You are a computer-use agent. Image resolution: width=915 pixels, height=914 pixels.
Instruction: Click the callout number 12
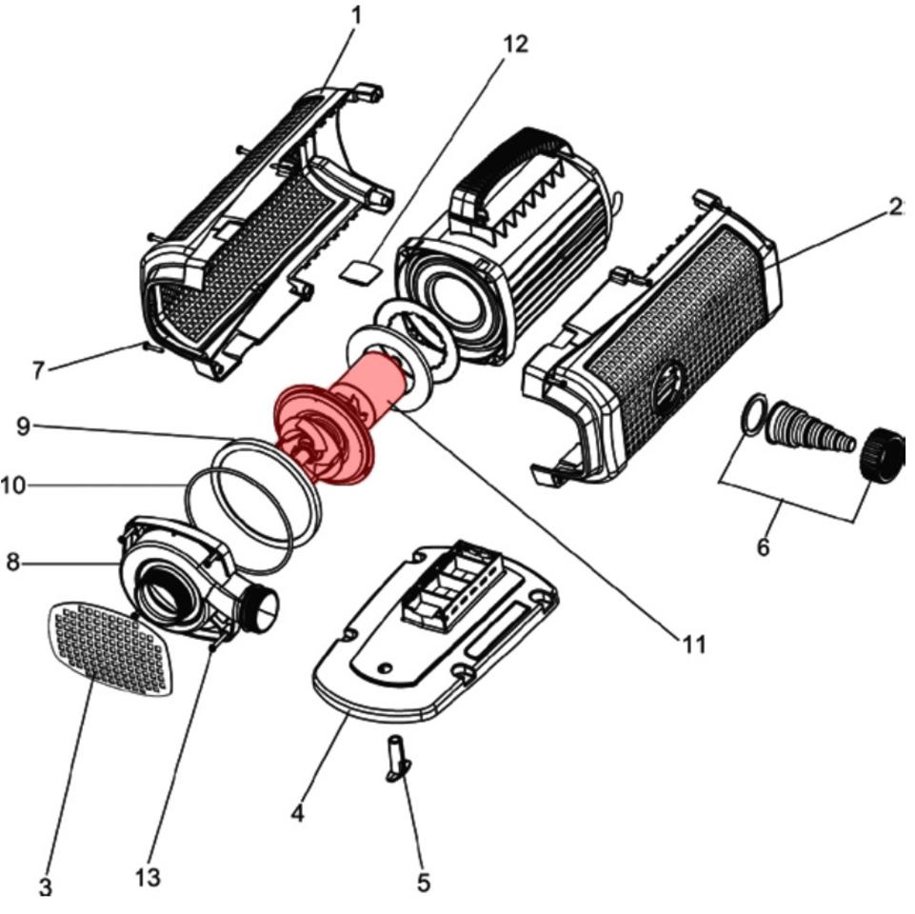(x=515, y=44)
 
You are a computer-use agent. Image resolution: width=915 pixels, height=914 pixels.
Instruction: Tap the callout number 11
(x=694, y=645)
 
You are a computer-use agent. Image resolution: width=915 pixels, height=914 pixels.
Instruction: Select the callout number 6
(x=762, y=547)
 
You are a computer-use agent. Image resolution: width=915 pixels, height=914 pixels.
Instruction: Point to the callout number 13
(x=148, y=877)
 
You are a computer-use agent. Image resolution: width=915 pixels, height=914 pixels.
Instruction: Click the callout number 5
(x=424, y=883)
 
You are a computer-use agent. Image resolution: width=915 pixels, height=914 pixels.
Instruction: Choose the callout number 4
(x=298, y=813)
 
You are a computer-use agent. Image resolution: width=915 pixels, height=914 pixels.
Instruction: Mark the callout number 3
(x=45, y=886)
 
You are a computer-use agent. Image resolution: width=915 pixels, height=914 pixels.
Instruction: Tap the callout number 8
(x=12, y=562)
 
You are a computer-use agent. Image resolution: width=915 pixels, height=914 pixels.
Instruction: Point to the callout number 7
(x=38, y=369)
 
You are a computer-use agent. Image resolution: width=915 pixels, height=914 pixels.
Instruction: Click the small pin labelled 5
(x=396, y=758)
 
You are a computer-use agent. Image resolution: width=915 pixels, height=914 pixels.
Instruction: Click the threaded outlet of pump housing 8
(x=263, y=606)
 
